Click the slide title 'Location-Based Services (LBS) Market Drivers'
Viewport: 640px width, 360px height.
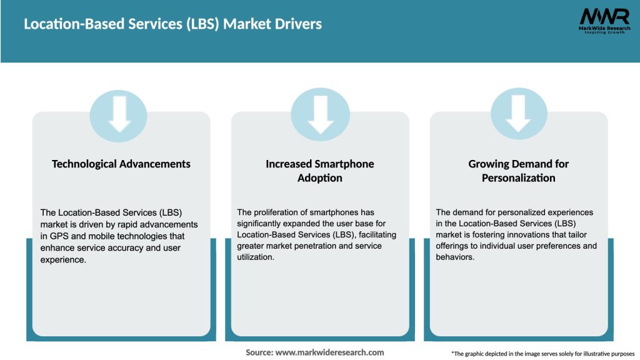coord(172,24)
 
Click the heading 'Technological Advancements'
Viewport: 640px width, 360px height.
coord(121,164)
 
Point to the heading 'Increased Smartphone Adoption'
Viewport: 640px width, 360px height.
coord(320,171)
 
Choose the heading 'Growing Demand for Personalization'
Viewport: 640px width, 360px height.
coord(518,171)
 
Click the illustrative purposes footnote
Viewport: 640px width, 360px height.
coord(542,354)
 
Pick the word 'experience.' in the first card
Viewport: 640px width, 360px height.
coord(62,259)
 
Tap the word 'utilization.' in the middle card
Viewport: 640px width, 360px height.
coord(256,257)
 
